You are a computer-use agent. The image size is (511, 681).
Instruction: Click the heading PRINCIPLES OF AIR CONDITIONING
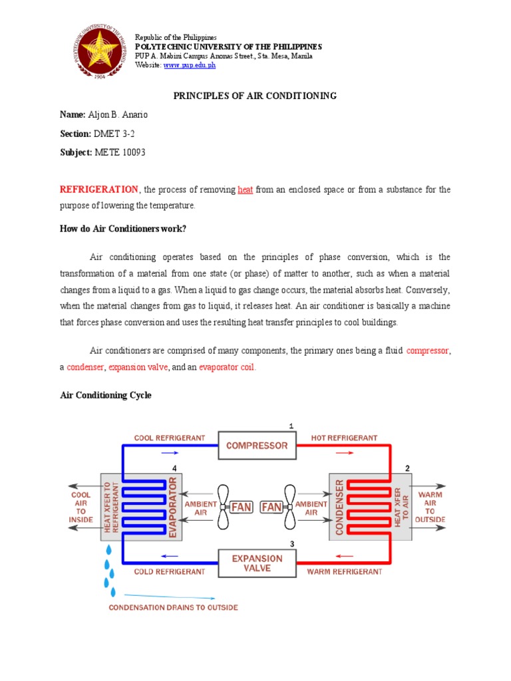255,96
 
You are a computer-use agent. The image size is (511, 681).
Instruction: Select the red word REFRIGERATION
99,190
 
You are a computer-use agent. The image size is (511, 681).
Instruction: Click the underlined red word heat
245,190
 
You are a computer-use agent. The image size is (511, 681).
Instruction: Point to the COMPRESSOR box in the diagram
257,446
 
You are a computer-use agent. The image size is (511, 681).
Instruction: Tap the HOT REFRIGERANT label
345,438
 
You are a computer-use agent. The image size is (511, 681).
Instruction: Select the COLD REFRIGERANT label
170,571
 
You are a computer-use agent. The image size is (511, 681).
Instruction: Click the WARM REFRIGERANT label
344,571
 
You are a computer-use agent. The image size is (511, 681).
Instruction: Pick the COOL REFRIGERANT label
170,438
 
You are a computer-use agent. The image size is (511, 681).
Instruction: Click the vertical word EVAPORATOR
174,507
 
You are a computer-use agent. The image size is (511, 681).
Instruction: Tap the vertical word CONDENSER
339,507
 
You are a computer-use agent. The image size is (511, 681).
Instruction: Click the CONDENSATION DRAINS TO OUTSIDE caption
173,607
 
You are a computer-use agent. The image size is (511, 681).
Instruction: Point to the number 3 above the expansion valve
291,544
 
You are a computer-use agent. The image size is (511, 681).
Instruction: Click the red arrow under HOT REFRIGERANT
344,452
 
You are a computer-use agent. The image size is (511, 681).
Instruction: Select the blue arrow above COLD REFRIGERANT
170,557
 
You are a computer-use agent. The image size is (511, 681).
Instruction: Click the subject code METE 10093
120,152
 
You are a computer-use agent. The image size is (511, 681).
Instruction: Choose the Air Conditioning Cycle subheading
106,395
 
